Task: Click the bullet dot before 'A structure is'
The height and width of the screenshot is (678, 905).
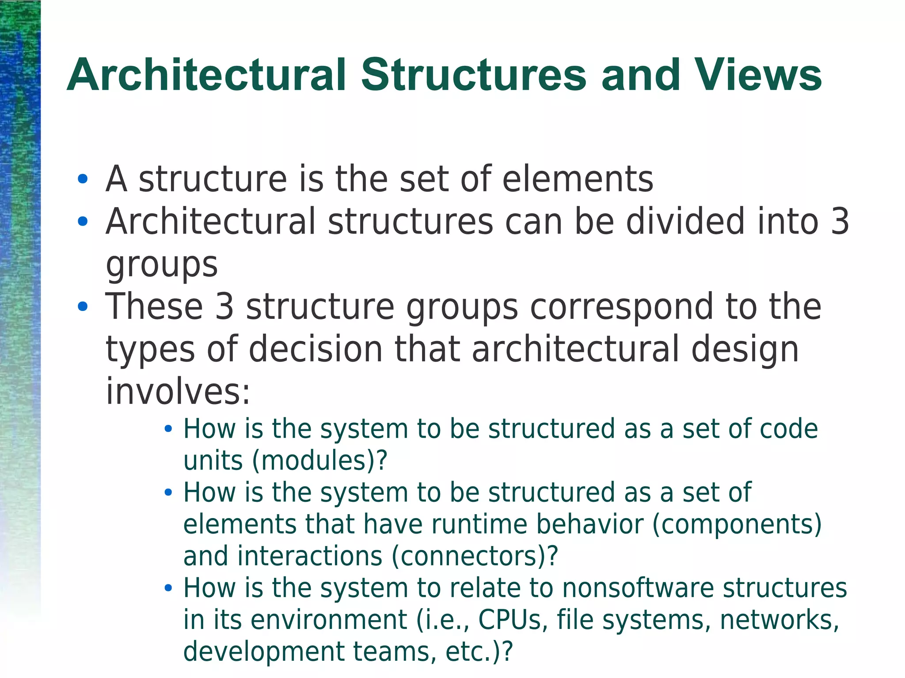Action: point(82,179)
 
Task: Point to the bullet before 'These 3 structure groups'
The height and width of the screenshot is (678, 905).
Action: point(82,307)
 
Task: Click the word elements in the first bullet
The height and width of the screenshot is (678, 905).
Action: point(578,179)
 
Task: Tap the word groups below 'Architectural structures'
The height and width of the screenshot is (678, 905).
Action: point(162,265)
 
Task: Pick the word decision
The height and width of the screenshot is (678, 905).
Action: point(316,349)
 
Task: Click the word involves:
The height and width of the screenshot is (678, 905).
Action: point(178,392)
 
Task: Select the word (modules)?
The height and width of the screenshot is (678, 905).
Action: point(319,461)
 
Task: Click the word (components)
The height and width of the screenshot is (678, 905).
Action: point(737,524)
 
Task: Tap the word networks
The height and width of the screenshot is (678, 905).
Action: point(779,620)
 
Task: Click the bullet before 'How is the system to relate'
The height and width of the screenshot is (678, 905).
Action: point(168,588)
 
